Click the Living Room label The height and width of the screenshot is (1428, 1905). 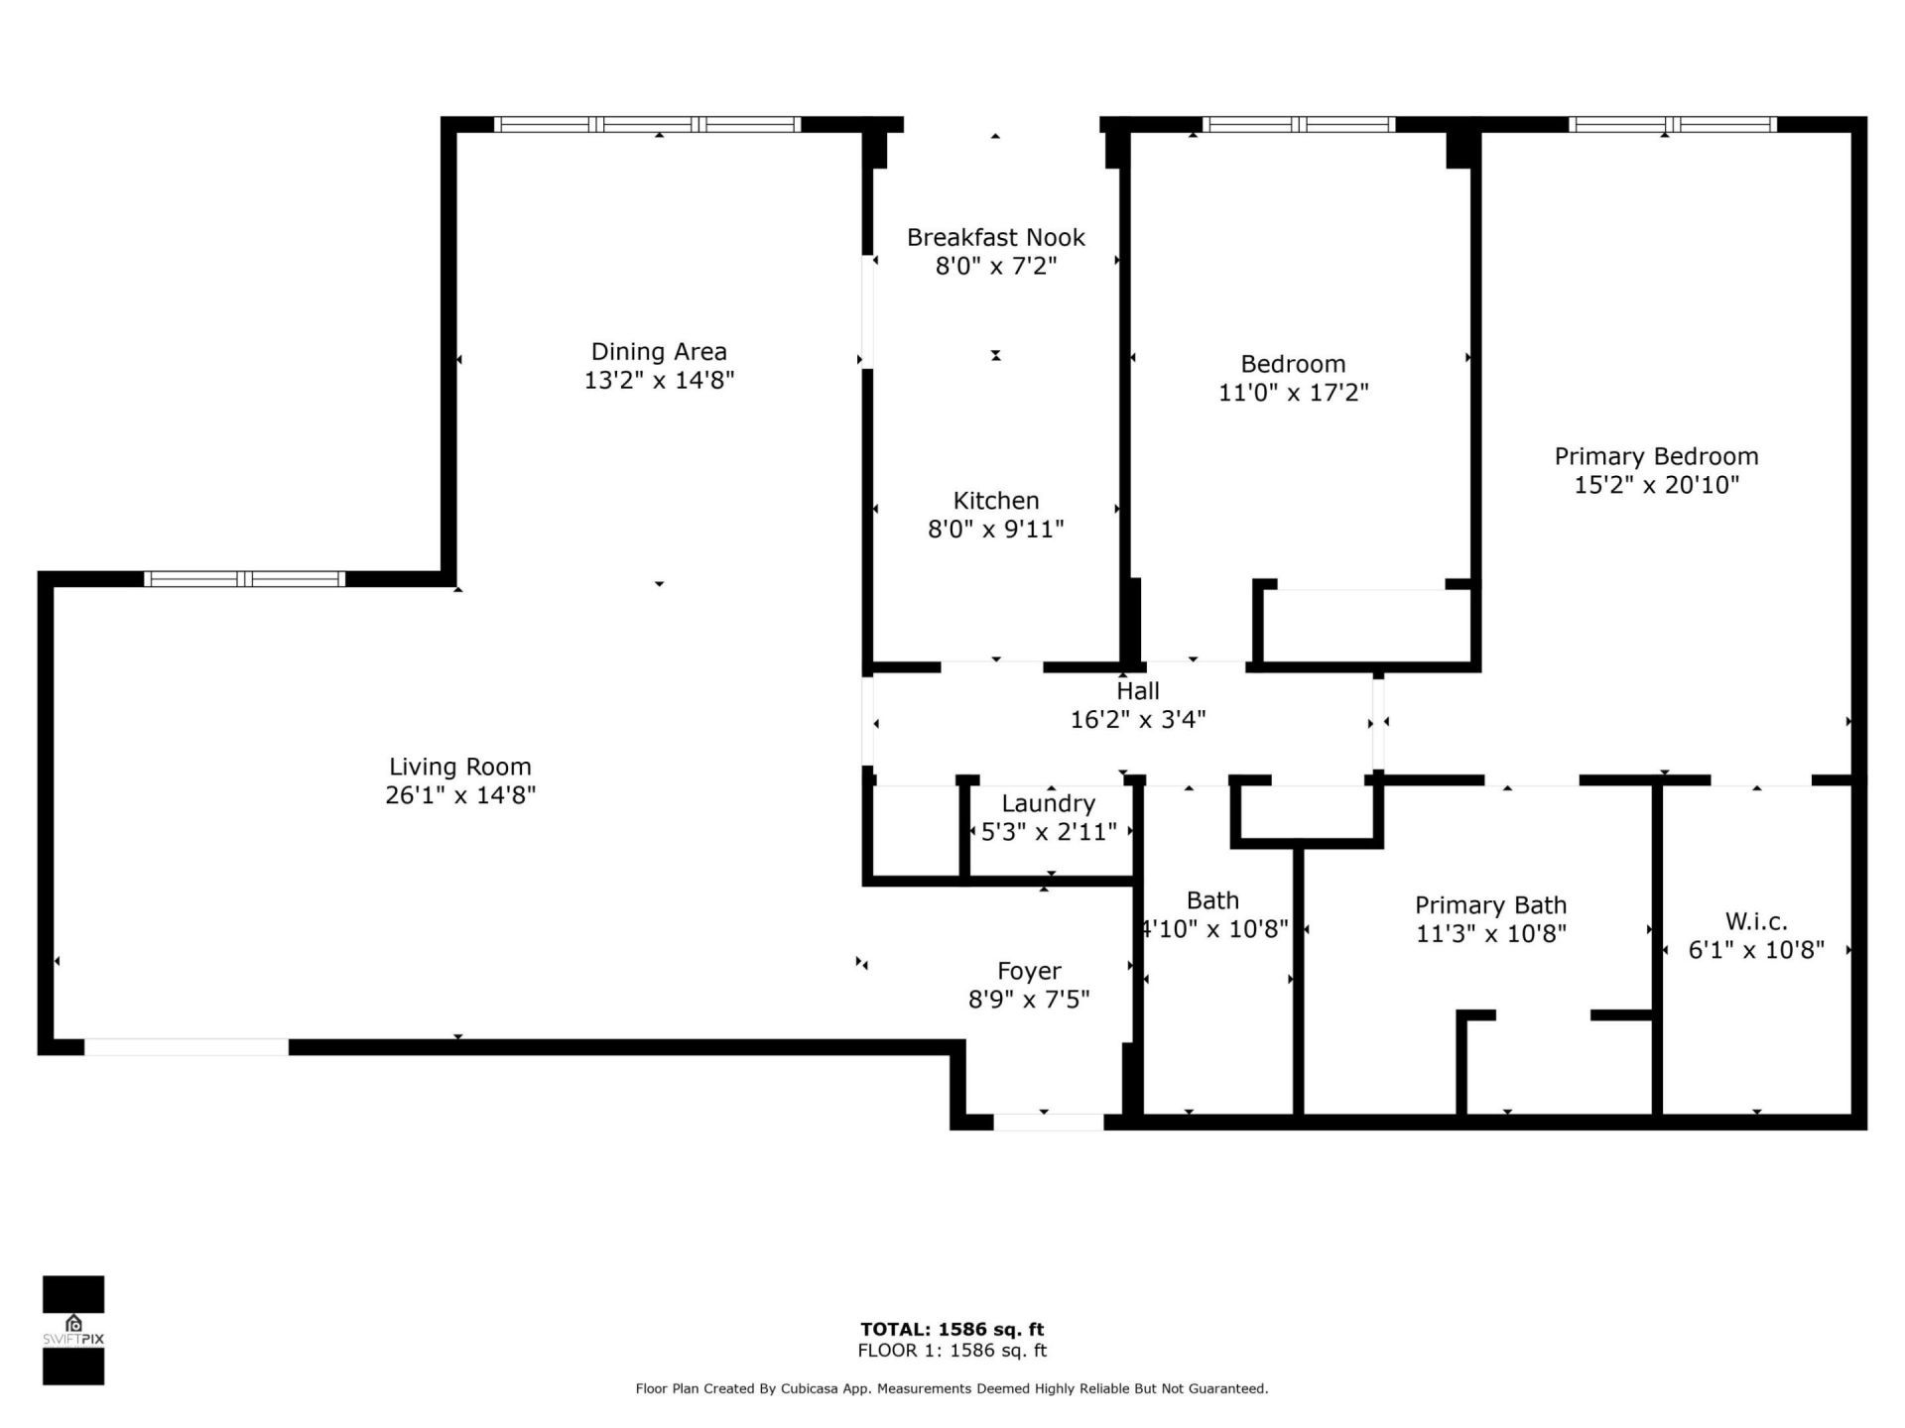(459, 767)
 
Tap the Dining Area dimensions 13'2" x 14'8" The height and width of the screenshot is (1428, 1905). (659, 380)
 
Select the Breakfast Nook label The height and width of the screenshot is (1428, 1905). (995, 237)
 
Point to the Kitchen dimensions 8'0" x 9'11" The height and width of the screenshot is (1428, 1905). (995, 529)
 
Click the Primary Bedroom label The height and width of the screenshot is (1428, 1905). (1655, 456)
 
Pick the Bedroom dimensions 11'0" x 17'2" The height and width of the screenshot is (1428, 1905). (1293, 393)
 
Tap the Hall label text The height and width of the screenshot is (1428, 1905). (1137, 690)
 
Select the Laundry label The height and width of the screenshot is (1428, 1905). (1048, 803)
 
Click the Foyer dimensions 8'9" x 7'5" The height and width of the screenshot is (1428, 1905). (1029, 999)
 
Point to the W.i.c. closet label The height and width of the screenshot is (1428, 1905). (1755, 921)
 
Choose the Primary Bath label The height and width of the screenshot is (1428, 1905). (1490, 904)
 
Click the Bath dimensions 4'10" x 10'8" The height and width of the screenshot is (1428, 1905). (1212, 929)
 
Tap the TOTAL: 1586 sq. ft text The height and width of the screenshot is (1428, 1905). (952, 1329)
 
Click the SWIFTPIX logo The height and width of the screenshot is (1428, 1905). (73, 1330)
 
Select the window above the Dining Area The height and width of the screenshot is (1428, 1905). (647, 125)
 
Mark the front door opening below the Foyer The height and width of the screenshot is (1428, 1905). (1048, 1123)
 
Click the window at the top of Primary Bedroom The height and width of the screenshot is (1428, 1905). (1672, 125)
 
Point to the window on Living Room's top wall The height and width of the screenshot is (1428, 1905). (244, 579)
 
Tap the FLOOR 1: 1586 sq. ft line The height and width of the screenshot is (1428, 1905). (952, 1351)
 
